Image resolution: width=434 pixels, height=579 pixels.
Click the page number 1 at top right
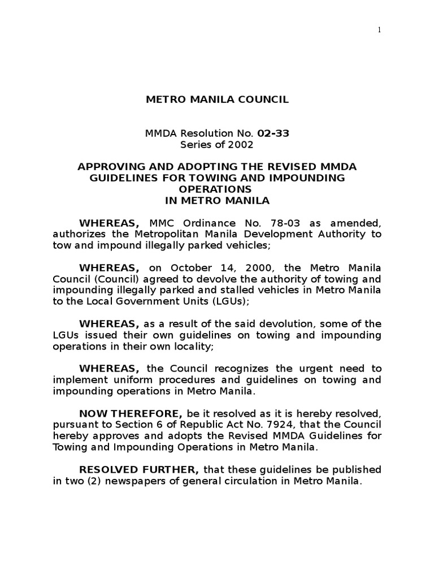point(380,31)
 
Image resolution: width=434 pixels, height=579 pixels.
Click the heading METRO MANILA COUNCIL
point(217,100)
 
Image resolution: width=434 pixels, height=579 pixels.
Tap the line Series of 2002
point(217,144)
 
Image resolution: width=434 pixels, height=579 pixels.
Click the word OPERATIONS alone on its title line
point(217,189)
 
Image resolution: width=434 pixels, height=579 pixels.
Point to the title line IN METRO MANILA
point(217,200)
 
